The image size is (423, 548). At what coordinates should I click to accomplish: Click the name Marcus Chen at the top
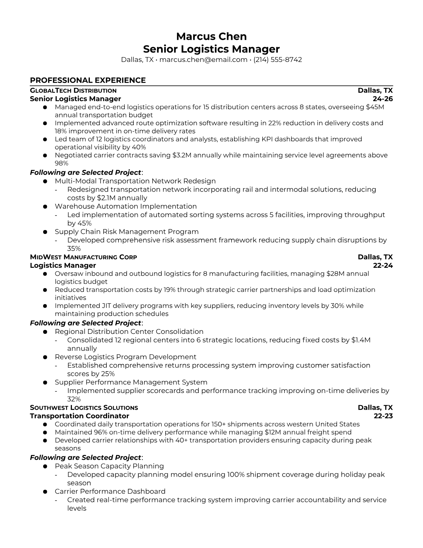[x=211, y=36]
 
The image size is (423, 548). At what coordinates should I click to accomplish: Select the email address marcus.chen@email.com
[x=203, y=60]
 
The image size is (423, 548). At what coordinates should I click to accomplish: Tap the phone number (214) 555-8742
[x=278, y=60]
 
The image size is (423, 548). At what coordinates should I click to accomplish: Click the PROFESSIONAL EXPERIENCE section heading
[x=88, y=80]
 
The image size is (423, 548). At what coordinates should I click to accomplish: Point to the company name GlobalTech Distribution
[x=73, y=91]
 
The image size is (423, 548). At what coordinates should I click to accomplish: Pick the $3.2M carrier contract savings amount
[x=181, y=155]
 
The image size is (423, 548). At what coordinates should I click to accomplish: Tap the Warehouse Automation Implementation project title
[x=126, y=206]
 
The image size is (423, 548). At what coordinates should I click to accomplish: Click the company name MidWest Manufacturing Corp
[x=83, y=257]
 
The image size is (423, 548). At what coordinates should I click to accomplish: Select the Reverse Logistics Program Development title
[x=125, y=357]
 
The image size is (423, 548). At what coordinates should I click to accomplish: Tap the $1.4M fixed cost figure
[x=361, y=340]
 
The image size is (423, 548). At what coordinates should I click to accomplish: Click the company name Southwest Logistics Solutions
[x=84, y=408]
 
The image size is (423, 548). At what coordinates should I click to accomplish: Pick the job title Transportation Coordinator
[x=79, y=416]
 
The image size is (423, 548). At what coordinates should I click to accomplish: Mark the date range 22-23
[x=383, y=416]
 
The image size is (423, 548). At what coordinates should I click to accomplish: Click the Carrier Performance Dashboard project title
[x=110, y=491]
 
